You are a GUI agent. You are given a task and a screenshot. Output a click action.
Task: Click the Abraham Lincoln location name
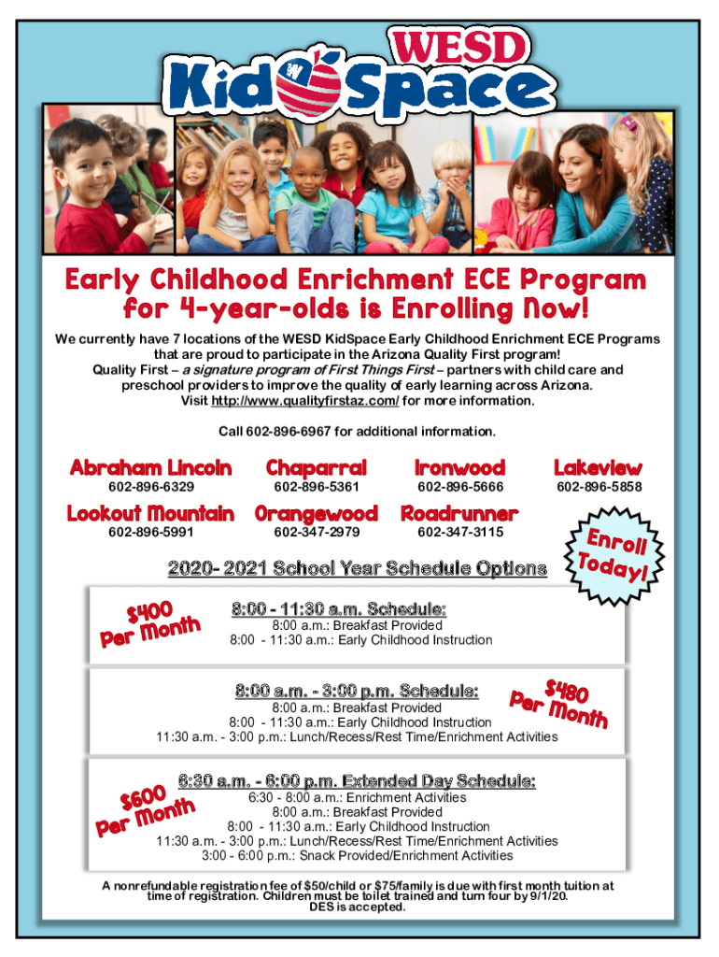[150, 467]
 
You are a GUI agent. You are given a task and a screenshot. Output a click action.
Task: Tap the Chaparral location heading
[316, 467]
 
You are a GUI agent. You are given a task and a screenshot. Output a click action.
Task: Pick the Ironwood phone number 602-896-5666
[460, 487]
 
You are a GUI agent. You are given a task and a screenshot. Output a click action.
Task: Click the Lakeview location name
[598, 467]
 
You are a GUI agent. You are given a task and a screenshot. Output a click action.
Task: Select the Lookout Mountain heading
[150, 513]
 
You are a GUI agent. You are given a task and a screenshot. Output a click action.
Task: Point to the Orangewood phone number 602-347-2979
[317, 532]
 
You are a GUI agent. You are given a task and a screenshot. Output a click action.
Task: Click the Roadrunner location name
[459, 513]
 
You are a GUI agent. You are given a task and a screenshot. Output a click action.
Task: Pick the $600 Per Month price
[145, 809]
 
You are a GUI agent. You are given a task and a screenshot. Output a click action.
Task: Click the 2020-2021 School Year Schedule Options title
[357, 568]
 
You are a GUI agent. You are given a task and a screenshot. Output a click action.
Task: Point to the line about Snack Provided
[357, 855]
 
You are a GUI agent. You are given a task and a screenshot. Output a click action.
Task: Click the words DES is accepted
[358, 906]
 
